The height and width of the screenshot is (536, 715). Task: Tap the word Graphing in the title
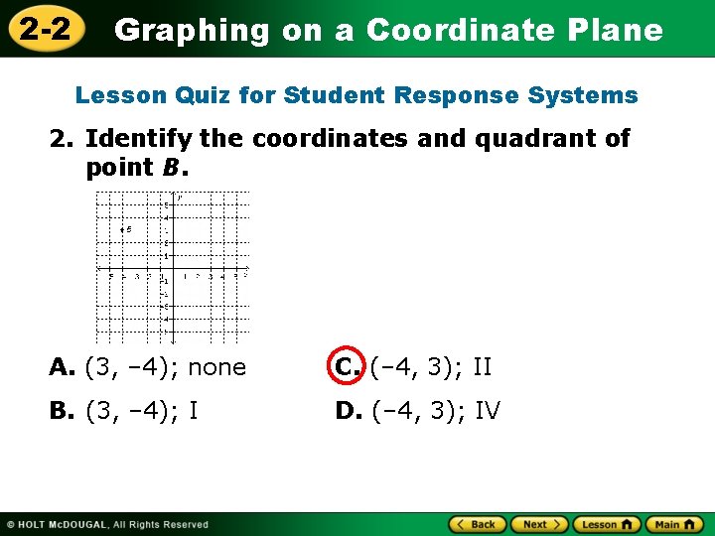point(192,31)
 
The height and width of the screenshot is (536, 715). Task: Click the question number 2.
point(61,139)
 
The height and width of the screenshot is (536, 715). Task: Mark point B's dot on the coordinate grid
point(122,230)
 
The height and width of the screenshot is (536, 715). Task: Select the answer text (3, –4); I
point(141,411)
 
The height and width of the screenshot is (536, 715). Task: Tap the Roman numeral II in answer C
point(482,367)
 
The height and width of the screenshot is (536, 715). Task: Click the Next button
point(537,524)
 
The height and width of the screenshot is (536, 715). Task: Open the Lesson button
point(606,524)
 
